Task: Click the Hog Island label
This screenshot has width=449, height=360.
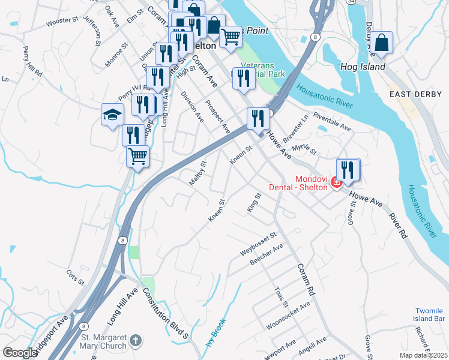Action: (x=363, y=67)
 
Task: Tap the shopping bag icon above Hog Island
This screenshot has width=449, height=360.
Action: (x=381, y=43)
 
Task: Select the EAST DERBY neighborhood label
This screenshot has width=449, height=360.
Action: (x=415, y=94)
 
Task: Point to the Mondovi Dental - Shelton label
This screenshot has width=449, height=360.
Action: (x=311, y=182)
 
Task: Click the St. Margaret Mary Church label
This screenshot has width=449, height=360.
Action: (x=104, y=341)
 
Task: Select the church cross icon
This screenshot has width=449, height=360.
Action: (x=136, y=341)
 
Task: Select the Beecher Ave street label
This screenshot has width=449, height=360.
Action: (x=267, y=256)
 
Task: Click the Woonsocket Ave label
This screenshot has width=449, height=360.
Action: (x=288, y=315)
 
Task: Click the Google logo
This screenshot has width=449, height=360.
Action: (x=19, y=353)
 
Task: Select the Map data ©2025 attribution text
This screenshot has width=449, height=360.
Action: (x=423, y=355)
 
